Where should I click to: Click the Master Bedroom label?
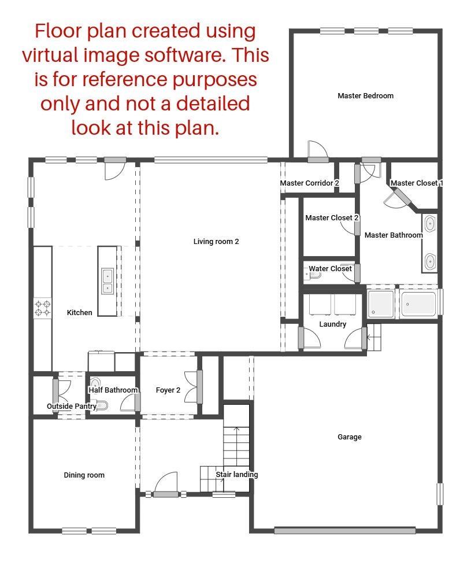(x=365, y=96)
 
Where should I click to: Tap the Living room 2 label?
(x=216, y=242)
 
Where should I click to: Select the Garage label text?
(x=350, y=437)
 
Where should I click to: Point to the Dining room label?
(x=84, y=475)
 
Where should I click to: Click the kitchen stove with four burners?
(x=42, y=308)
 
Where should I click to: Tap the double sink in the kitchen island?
(x=107, y=282)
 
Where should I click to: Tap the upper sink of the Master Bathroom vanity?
(x=430, y=224)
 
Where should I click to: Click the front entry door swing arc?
(x=166, y=482)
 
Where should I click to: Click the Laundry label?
(x=333, y=324)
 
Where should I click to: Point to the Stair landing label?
(x=237, y=475)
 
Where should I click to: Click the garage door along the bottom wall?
(x=344, y=530)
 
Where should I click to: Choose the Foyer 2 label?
(x=168, y=390)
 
